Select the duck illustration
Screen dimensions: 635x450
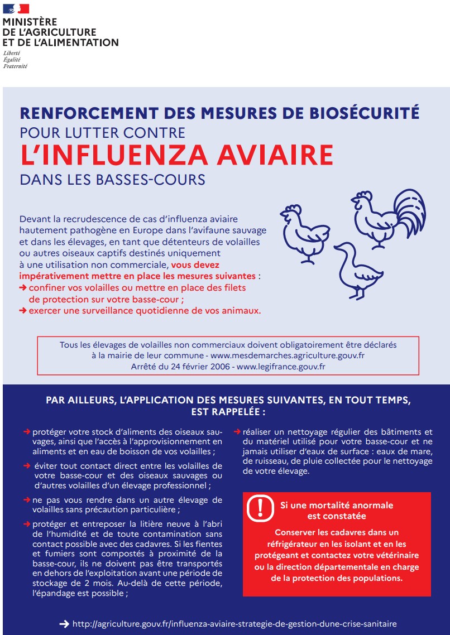tap(358, 270)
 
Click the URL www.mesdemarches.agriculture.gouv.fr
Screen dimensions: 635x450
tap(288, 355)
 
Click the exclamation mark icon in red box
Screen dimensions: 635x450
tap(258, 508)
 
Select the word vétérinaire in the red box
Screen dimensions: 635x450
tap(397, 556)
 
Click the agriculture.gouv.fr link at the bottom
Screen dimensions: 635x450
tap(234, 624)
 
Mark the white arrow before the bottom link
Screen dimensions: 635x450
tap(64, 624)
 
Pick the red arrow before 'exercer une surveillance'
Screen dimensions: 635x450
tap(23, 311)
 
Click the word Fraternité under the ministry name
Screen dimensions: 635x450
tap(15, 66)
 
